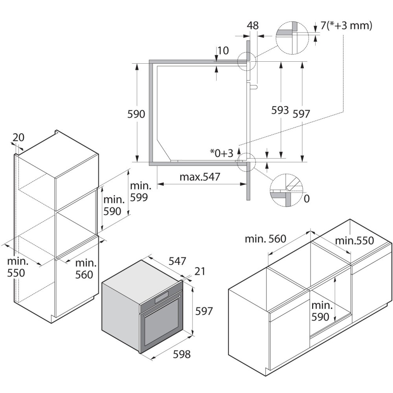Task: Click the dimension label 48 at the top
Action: coord(253,26)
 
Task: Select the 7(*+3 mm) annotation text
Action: coord(346,26)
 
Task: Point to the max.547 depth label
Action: coord(200,177)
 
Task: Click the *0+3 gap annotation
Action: coord(222,152)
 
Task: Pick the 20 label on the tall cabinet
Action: coord(18,137)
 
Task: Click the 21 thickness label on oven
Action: coord(200,271)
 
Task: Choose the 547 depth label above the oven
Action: coord(177,261)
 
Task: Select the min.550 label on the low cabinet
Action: coord(354,240)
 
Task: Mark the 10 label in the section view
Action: coord(223,50)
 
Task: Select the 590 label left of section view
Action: coord(136,114)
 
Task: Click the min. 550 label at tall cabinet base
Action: coord(17,267)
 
